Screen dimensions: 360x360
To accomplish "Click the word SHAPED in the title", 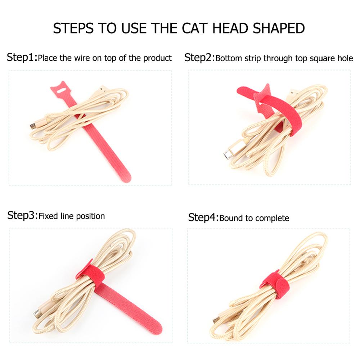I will pyautogui.click(x=278, y=28).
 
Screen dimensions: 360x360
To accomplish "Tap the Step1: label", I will pyautogui.click(x=22, y=57).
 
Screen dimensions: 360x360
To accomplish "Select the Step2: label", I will pyautogui.click(x=199, y=58).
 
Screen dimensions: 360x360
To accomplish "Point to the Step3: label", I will pyautogui.click(x=22, y=216).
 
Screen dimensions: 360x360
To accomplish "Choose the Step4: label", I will pyautogui.click(x=203, y=217).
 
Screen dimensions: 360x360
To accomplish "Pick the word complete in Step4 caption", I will pyautogui.click(x=273, y=218).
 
